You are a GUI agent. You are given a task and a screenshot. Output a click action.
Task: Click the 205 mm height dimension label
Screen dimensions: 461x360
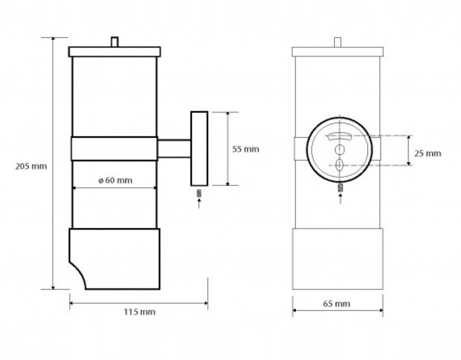(31, 166)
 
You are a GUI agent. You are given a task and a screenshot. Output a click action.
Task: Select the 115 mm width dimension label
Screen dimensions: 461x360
(139, 312)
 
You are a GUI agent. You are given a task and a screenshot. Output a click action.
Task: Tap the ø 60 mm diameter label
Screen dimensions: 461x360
(115, 180)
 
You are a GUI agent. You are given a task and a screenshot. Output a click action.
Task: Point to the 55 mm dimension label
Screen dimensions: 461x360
(245, 149)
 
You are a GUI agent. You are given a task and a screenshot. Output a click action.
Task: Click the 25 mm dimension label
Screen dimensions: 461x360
(428, 153)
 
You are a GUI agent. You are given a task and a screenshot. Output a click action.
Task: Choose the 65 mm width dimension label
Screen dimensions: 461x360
(337, 304)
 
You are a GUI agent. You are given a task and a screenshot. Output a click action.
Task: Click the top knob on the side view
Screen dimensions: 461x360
(115, 42)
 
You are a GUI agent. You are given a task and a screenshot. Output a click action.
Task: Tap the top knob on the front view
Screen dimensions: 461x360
(338, 42)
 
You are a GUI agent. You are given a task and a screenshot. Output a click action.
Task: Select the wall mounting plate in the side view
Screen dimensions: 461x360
(200, 149)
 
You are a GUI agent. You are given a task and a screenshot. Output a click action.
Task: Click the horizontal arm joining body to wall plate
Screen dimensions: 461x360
(174, 149)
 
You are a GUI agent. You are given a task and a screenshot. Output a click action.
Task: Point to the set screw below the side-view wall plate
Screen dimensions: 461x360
(199, 193)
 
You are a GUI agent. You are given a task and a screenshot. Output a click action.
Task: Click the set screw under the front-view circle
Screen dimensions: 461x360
(341, 188)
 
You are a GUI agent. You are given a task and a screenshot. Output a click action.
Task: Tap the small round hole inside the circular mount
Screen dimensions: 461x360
(339, 149)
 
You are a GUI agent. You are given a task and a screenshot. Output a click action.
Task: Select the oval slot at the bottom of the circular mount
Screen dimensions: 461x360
(339, 165)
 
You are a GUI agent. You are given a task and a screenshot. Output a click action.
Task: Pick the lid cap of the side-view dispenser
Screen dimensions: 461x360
(115, 52)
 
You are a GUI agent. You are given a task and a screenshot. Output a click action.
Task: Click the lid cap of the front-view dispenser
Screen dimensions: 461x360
(338, 52)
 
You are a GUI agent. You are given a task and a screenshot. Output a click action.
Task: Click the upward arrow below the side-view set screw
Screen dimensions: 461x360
(199, 204)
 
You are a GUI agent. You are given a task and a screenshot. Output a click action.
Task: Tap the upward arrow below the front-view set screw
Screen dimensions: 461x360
(341, 199)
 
